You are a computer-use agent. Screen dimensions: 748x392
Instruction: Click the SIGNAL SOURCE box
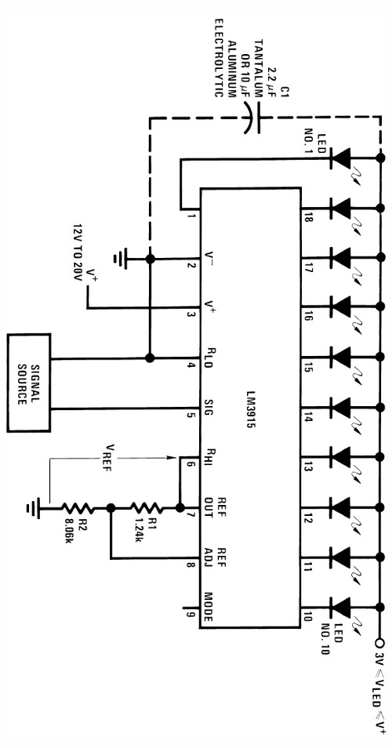pos(29,383)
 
